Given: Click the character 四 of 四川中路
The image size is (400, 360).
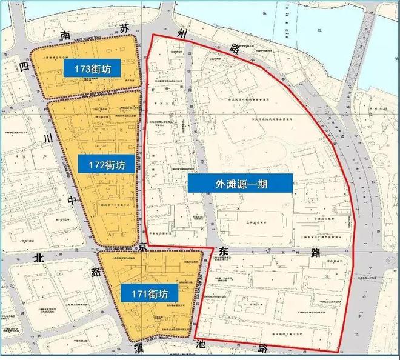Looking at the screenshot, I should click(24, 65).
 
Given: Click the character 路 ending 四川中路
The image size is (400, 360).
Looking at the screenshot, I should click(79, 270).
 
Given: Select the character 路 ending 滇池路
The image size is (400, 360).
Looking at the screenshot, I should click(263, 349).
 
